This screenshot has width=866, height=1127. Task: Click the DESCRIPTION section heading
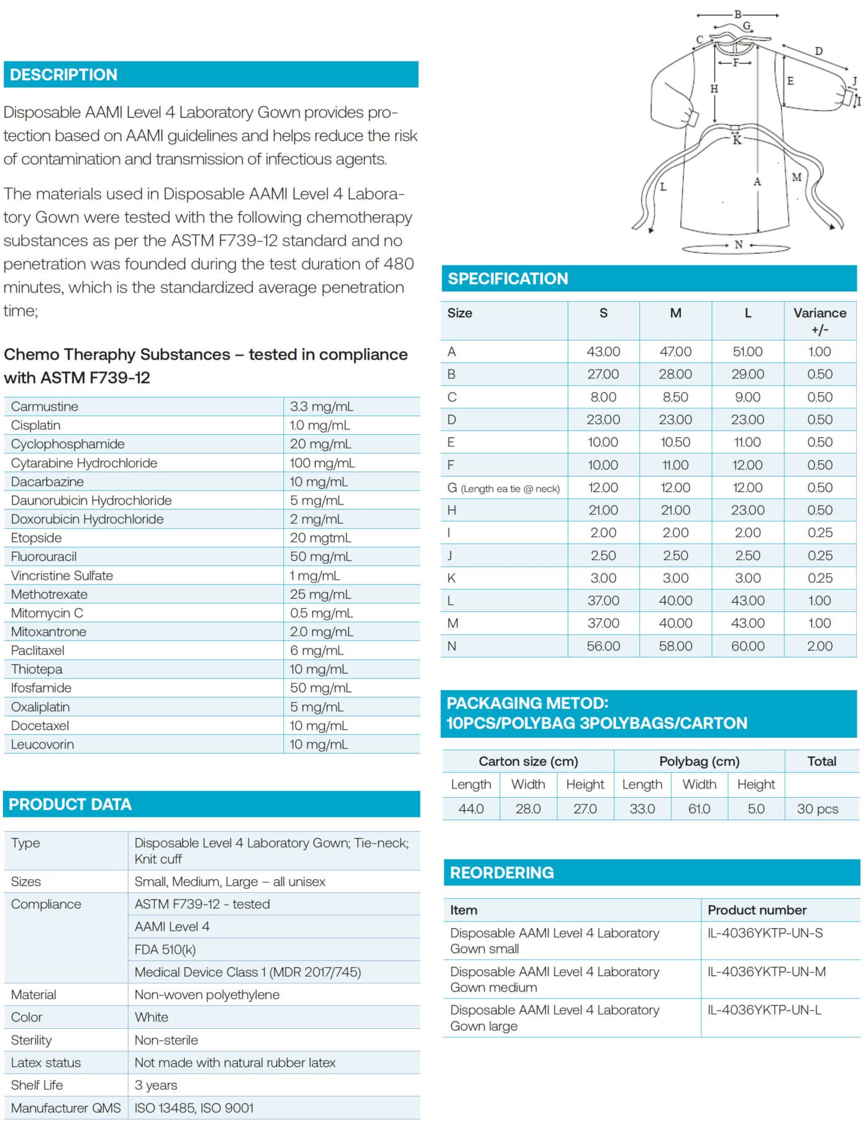tap(63, 75)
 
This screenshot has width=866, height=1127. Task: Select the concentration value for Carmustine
tap(321, 406)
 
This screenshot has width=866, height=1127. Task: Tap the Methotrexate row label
tap(49, 594)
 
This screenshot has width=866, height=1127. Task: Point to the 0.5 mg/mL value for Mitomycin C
tap(321, 613)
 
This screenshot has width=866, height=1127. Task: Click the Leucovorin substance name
tap(42, 744)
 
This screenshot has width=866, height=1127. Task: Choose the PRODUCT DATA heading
tap(70, 804)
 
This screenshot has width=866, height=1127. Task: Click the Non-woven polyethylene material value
tap(207, 994)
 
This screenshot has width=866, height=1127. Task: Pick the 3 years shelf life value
tap(156, 1085)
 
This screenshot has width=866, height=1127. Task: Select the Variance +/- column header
tap(819, 321)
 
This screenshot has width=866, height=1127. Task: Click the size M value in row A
tap(675, 352)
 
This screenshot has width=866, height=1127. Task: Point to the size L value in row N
tap(747, 646)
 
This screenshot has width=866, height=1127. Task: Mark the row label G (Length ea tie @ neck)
tap(503, 488)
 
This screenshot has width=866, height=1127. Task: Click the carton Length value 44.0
tap(471, 808)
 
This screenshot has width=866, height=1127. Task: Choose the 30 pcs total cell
tap(818, 808)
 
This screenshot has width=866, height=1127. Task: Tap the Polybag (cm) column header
tap(699, 761)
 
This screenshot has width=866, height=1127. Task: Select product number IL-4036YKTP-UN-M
tap(767, 971)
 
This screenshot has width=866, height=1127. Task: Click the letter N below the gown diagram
tap(739, 245)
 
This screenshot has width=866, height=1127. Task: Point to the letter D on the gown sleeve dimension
tap(819, 51)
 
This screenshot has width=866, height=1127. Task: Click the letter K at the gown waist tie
tap(737, 140)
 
